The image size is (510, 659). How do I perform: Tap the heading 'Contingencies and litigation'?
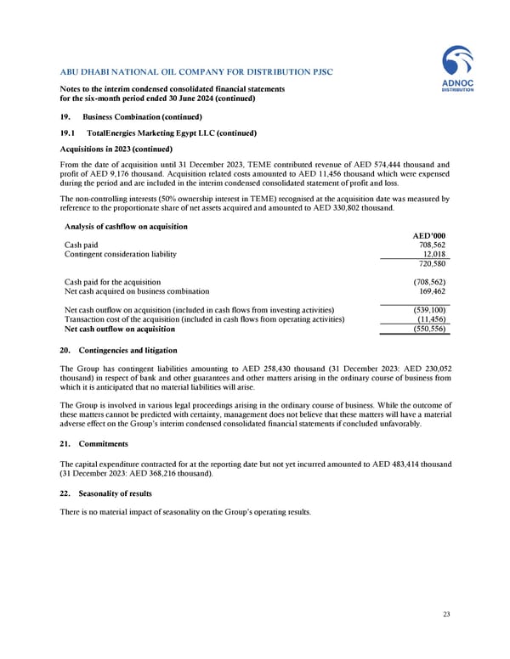point(127,350)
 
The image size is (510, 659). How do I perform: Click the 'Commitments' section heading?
point(103,442)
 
